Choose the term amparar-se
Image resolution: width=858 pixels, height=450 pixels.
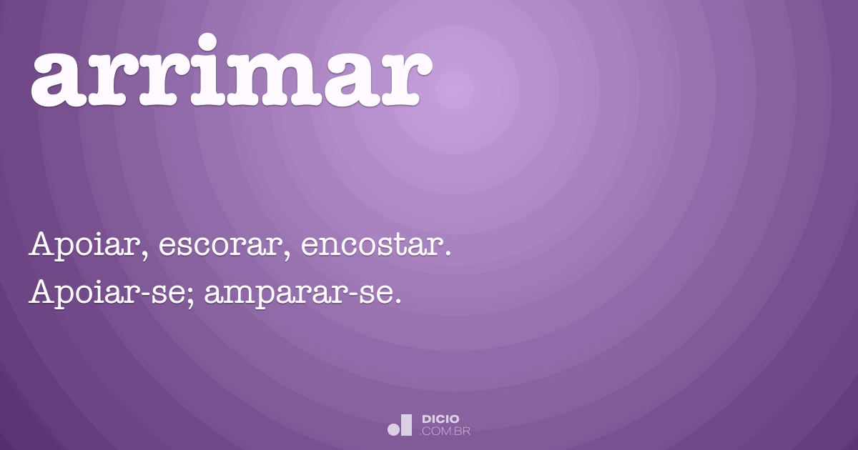[x=296, y=294]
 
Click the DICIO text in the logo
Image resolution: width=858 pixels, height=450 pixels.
[x=441, y=419]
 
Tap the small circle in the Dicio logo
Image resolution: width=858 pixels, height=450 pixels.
[x=393, y=429]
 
